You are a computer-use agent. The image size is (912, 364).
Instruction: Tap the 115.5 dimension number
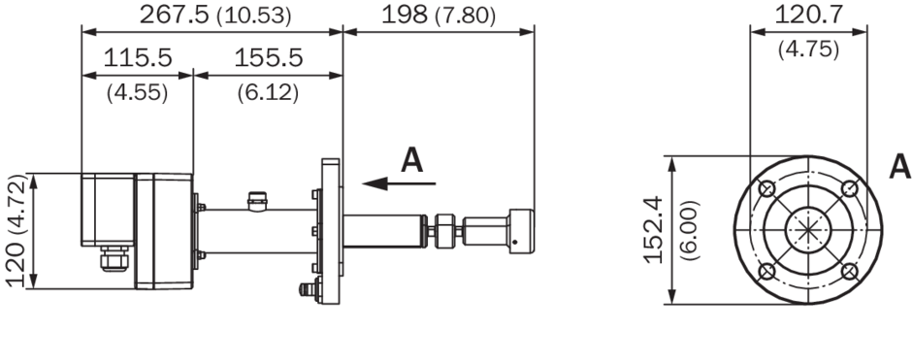138,58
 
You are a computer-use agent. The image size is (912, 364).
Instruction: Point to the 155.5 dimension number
268,58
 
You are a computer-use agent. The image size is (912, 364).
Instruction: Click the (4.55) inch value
137,92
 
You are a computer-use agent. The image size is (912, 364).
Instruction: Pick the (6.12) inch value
268,92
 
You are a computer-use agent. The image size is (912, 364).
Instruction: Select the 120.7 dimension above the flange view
808,15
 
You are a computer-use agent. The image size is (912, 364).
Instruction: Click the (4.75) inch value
808,50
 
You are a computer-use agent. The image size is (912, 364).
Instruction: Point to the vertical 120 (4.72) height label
16,230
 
